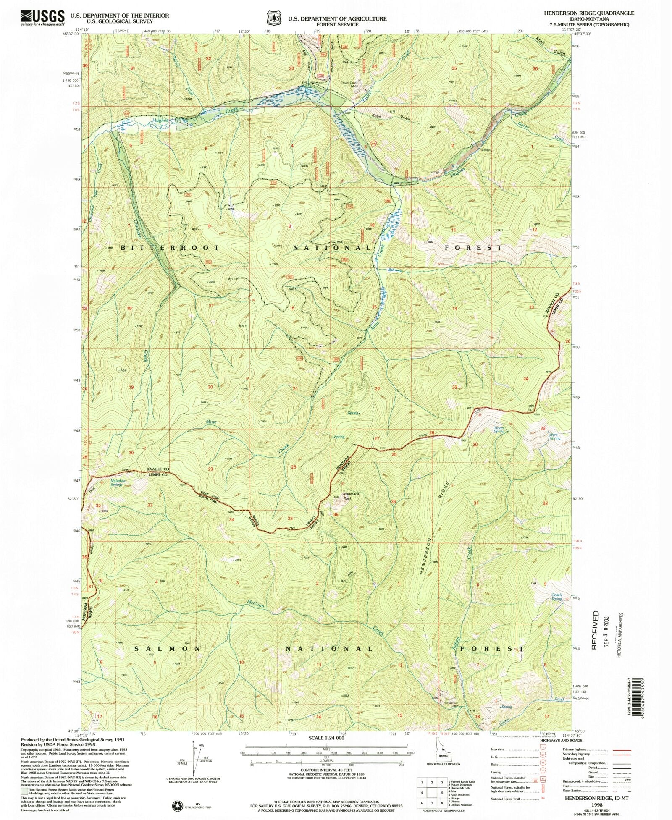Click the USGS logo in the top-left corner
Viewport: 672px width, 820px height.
pyautogui.click(x=42, y=17)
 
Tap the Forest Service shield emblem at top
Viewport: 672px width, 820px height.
pyautogui.click(x=273, y=18)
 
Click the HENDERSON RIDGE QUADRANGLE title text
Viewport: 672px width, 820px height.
pyautogui.click(x=589, y=13)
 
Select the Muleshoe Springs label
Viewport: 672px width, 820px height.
pyautogui.click(x=116, y=482)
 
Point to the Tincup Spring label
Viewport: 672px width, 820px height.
pyautogui.click(x=499, y=430)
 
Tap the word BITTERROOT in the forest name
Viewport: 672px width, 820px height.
pyautogui.click(x=170, y=248)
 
